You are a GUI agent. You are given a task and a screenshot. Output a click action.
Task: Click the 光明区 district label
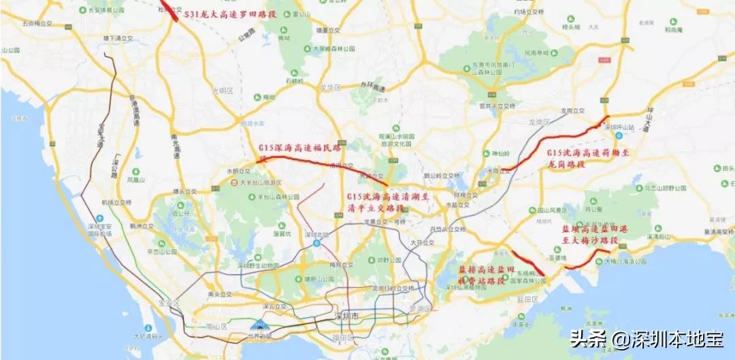[223, 91]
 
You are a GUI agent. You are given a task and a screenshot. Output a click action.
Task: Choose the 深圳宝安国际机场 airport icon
[101, 218]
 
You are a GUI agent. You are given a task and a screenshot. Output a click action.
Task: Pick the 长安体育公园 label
[102, 11]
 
